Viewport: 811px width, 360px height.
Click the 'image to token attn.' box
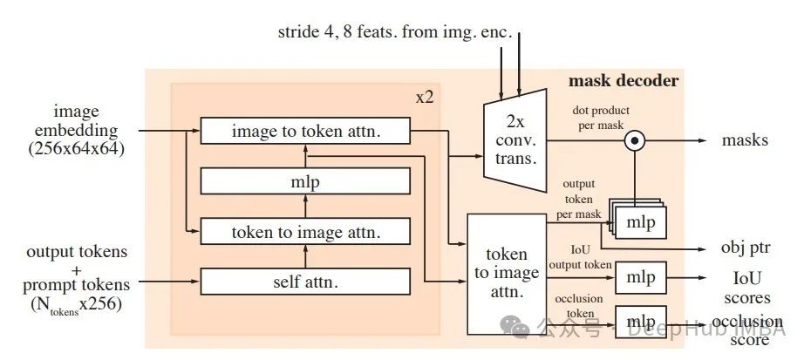click(x=305, y=131)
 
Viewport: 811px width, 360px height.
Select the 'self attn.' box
click(x=305, y=282)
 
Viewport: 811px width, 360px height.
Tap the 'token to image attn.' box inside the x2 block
click(x=305, y=232)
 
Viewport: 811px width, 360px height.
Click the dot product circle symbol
click(x=637, y=139)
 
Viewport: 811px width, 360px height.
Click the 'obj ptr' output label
click(x=746, y=248)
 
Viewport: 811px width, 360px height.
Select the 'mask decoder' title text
click(x=623, y=81)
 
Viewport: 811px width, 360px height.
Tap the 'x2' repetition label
click(x=425, y=97)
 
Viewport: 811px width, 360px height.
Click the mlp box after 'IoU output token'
click(x=640, y=278)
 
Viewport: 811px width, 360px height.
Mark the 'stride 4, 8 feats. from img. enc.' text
click(x=395, y=34)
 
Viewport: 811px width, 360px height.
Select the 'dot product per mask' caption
click(x=601, y=118)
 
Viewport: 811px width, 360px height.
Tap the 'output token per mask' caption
click(x=577, y=199)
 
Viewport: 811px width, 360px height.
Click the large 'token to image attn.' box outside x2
click(x=507, y=274)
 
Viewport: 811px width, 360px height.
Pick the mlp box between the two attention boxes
click(x=305, y=182)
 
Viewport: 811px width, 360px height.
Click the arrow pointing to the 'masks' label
click(x=689, y=139)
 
